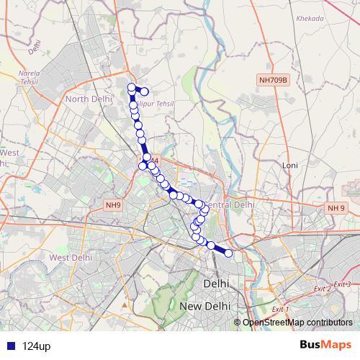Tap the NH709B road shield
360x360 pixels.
point(272,81)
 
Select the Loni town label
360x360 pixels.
point(290,166)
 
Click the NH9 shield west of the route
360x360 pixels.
point(112,205)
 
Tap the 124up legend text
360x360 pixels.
point(36,346)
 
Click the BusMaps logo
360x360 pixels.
point(325,346)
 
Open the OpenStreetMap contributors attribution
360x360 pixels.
point(297,322)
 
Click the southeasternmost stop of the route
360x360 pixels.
point(229,253)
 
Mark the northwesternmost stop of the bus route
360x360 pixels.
point(132,88)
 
